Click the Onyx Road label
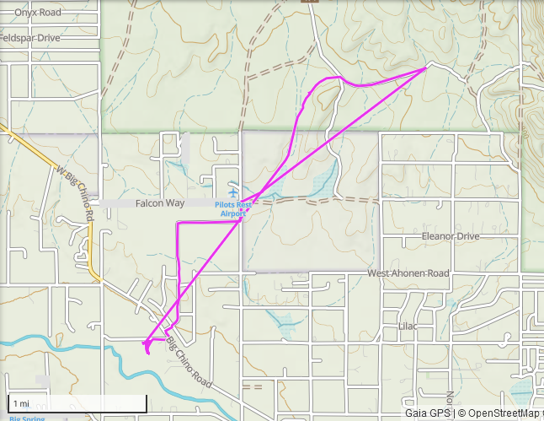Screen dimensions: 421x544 point(38,13)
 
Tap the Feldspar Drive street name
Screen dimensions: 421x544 point(30,38)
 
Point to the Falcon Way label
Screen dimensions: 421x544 point(159,204)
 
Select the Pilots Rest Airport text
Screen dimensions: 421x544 point(232,209)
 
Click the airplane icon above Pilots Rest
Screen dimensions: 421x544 point(232,193)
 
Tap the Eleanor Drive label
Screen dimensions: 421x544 point(451,237)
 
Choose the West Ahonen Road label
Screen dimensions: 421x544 point(408,274)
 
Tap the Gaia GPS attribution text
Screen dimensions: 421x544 point(428,413)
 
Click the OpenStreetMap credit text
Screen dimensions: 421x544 point(500,413)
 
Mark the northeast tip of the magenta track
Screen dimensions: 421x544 point(426,68)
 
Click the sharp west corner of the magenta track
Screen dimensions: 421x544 point(179,224)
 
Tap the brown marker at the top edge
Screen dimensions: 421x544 point(312,2)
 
